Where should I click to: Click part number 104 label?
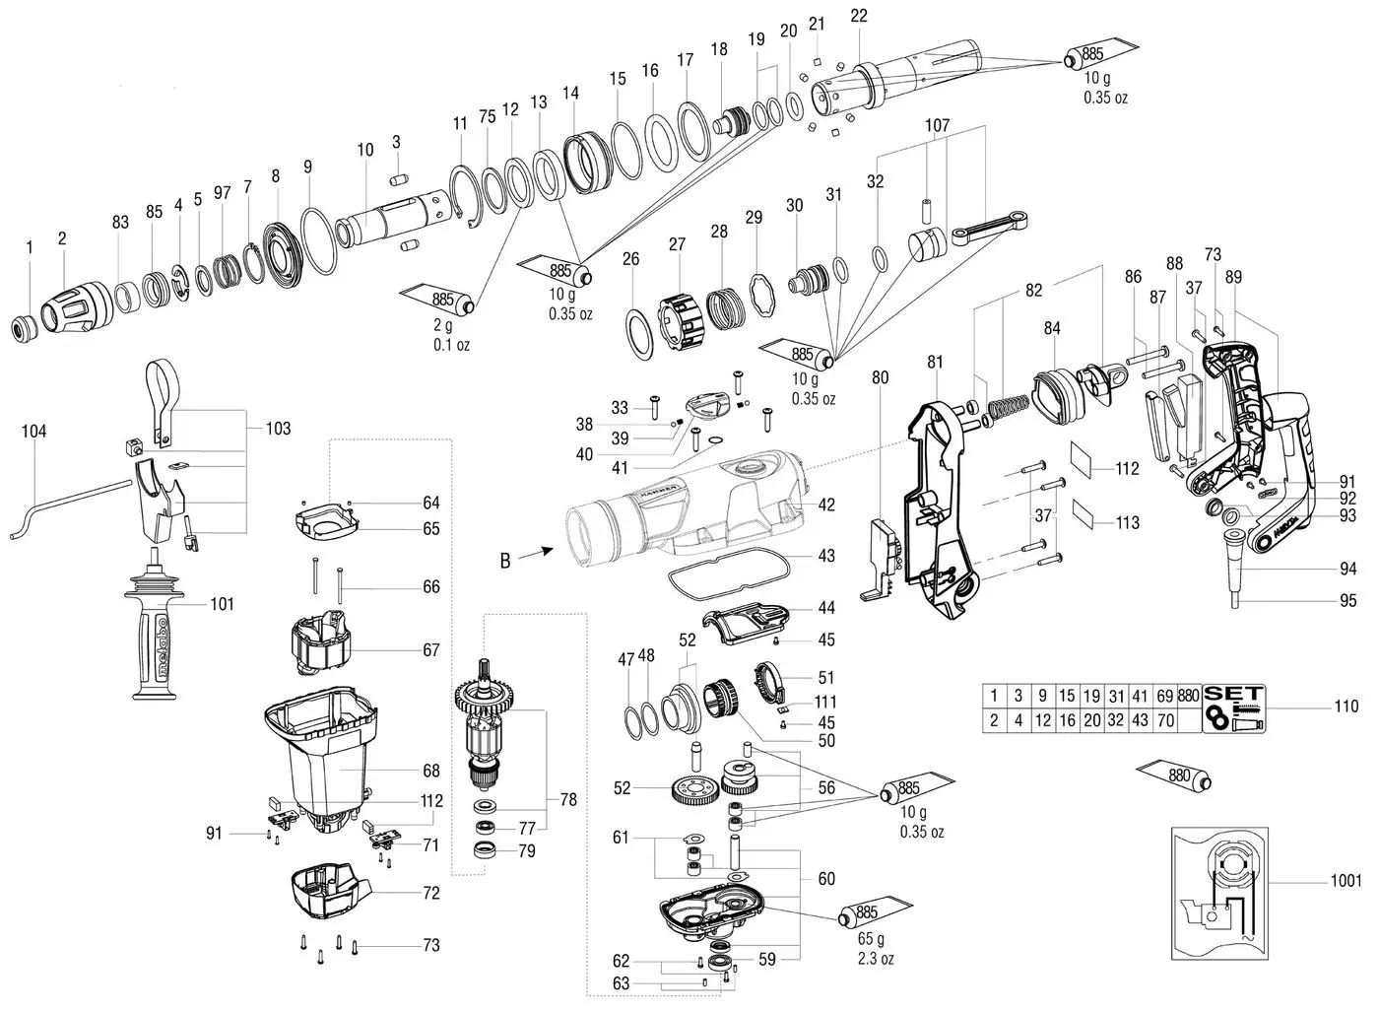(33, 432)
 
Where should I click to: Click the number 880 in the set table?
(1190, 695)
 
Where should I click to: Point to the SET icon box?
(1233, 708)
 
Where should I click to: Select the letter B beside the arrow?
(504, 562)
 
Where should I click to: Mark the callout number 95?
(1347, 599)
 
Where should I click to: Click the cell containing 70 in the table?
(1166, 720)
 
